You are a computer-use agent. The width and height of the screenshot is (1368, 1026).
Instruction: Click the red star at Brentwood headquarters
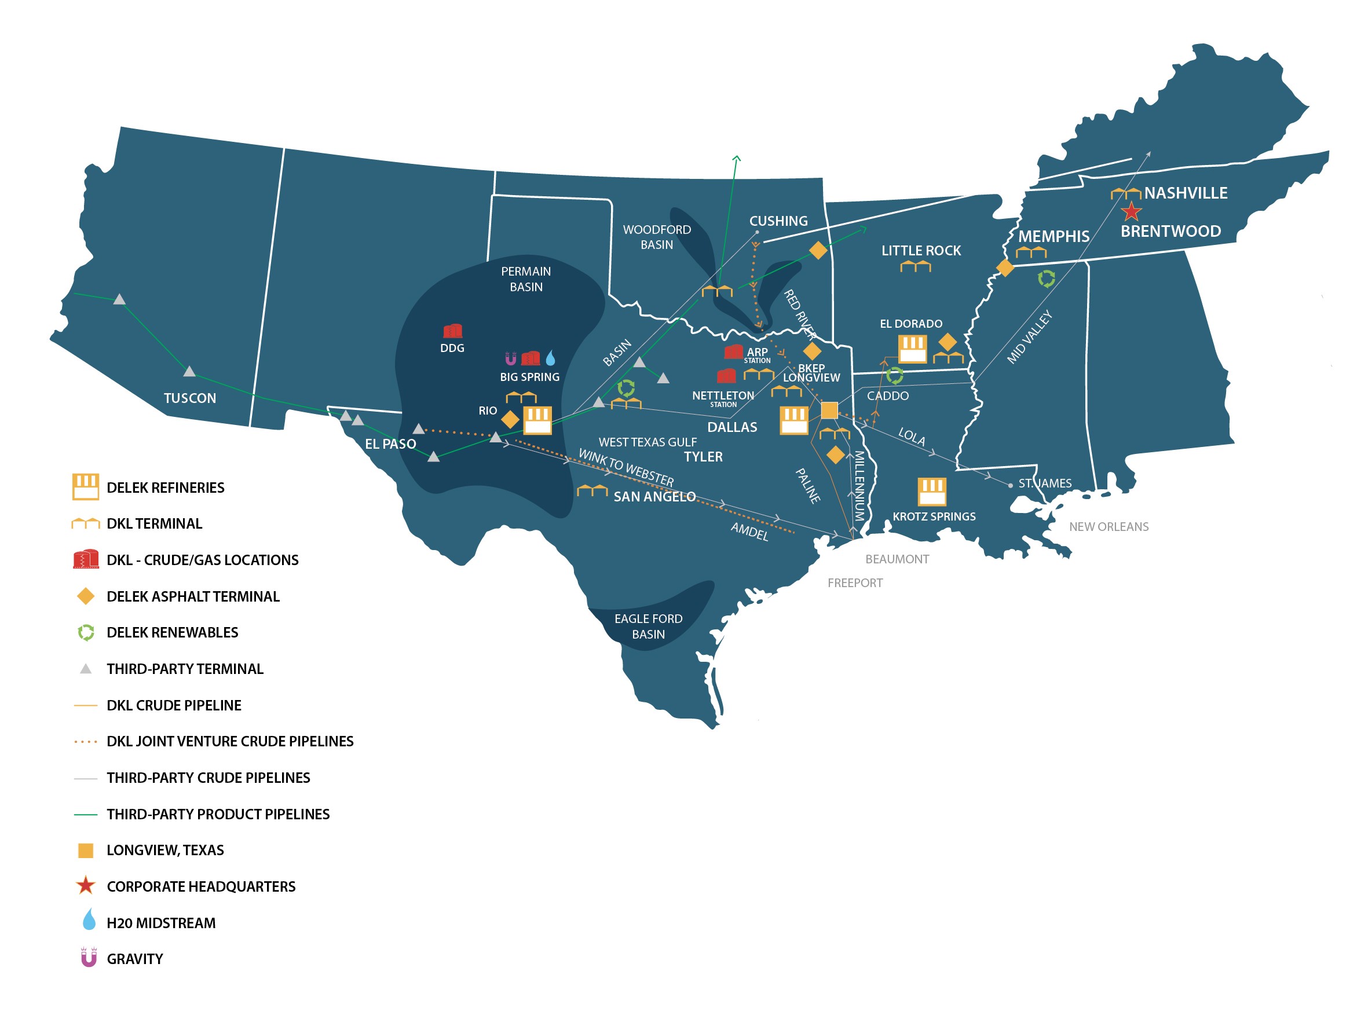pyautogui.click(x=1131, y=212)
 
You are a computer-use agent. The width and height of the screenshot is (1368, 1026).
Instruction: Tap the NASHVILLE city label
pyautogui.click(x=1186, y=193)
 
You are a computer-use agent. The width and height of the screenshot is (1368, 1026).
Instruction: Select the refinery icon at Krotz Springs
pyautogui.click(x=931, y=492)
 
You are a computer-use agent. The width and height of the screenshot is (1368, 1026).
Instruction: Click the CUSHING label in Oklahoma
pyautogui.click(x=778, y=221)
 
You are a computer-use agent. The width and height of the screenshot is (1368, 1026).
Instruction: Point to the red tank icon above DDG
pyautogui.click(x=453, y=331)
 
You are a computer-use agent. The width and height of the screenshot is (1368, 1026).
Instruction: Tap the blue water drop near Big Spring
pyautogui.click(x=550, y=358)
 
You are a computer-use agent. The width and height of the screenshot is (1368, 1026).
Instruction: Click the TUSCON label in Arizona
pyautogui.click(x=190, y=398)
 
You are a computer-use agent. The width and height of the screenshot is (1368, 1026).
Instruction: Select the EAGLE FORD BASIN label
pyautogui.click(x=648, y=626)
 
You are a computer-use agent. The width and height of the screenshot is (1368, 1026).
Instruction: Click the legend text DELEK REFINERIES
pyautogui.click(x=165, y=488)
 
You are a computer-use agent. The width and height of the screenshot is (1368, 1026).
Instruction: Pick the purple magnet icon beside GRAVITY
pyautogui.click(x=89, y=958)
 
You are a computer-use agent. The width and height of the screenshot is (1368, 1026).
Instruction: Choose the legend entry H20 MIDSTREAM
pyautogui.click(x=161, y=923)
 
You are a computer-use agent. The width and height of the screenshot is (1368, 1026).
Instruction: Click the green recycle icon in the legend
pyautogui.click(x=86, y=633)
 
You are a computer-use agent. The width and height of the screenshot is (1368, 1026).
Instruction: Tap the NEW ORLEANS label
pyautogui.click(x=1109, y=527)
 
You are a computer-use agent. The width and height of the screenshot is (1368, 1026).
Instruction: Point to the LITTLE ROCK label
pyautogui.click(x=921, y=251)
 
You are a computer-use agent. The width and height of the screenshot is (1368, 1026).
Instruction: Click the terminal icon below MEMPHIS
pyautogui.click(x=1031, y=252)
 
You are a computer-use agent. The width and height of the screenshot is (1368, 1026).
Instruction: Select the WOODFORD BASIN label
pyautogui.click(x=657, y=237)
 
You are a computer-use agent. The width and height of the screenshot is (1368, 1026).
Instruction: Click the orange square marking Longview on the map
pyautogui.click(x=829, y=410)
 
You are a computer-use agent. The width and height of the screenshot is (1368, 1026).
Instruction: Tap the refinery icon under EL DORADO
pyautogui.click(x=912, y=349)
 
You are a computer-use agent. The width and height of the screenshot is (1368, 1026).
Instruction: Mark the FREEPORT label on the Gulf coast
pyautogui.click(x=855, y=582)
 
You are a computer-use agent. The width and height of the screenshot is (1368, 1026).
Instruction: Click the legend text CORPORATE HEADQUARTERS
pyautogui.click(x=201, y=887)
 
